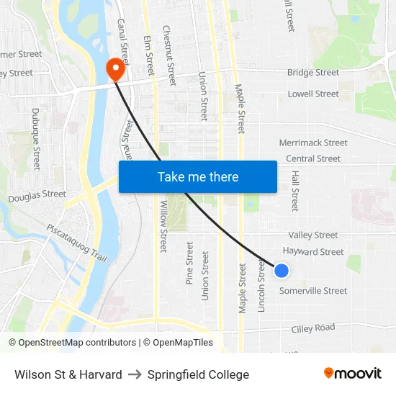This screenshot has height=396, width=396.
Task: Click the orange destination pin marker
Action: tap(114, 70)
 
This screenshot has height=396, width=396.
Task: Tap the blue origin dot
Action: tap(282, 271)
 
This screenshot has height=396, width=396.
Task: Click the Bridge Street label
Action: tap(312, 73)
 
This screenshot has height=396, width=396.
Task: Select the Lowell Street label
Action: tap(312, 94)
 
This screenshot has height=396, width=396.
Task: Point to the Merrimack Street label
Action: tap(312, 143)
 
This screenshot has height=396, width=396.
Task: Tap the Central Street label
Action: tap(312, 159)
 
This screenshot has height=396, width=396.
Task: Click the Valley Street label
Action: tap(312, 235)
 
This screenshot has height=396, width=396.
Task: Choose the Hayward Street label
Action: tap(312, 252)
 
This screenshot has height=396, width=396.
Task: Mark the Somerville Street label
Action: tap(312, 291)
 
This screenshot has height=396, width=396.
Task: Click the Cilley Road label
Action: tap(313, 328)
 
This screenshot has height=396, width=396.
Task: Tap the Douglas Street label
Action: tap(37, 195)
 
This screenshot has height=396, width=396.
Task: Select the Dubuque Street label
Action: tap(35, 139)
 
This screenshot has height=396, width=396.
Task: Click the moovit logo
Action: tap(352, 374)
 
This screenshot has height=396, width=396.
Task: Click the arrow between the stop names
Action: tap(135, 374)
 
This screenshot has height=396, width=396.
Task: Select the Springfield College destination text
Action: tap(198, 374)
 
